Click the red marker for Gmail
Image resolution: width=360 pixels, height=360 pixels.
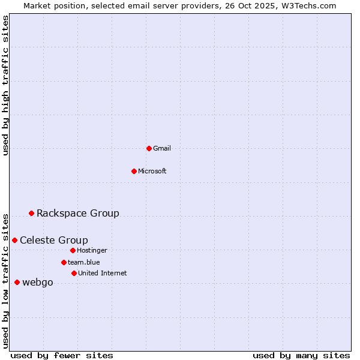[x=149, y=148]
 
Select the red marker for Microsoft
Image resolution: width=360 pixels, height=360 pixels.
[x=134, y=171]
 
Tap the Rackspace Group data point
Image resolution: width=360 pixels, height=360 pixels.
[x=31, y=213]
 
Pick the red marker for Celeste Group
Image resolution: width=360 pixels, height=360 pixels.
[x=14, y=240]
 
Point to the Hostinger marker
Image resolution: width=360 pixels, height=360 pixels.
[x=73, y=250]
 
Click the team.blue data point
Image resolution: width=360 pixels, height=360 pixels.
[x=64, y=262]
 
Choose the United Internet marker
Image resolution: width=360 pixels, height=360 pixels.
[x=74, y=273]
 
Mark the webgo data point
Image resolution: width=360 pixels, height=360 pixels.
[x=17, y=282]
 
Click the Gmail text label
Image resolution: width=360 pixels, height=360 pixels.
[x=162, y=148]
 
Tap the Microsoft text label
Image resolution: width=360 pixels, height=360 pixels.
[x=152, y=171]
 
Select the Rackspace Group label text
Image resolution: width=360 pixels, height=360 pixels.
[x=78, y=213]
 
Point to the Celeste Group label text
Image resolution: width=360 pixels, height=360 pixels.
[x=54, y=240]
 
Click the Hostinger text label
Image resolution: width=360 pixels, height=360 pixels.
[x=92, y=250]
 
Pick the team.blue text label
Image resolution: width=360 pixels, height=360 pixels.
[x=84, y=262]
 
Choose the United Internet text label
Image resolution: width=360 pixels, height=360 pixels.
[x=103, y=273]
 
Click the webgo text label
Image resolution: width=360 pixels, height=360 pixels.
[x=38, y=282]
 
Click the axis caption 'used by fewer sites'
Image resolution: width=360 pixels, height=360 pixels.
[x=62, y=355]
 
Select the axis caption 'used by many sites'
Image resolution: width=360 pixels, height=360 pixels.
[x=301, y=355]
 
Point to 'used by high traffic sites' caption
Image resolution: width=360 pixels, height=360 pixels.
[x=5, y=85]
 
